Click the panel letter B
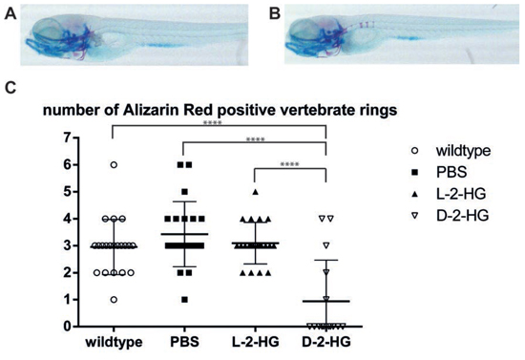[275, 14]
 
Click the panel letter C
[10, 87]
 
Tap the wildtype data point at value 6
[114, 165]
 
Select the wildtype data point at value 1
[114, 300]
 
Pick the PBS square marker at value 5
[184, 192]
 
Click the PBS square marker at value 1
[184, 300]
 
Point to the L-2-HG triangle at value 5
[256, 192]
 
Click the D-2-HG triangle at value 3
[326, 245]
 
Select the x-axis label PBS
[184, 342]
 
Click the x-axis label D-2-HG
[326, 342]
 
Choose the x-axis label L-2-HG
[256, 342]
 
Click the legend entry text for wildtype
[463, 151]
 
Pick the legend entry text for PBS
[451, 173]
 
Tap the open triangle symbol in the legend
[415, 216]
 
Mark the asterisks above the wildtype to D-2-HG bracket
[212, 122]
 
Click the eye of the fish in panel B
[302, 30]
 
